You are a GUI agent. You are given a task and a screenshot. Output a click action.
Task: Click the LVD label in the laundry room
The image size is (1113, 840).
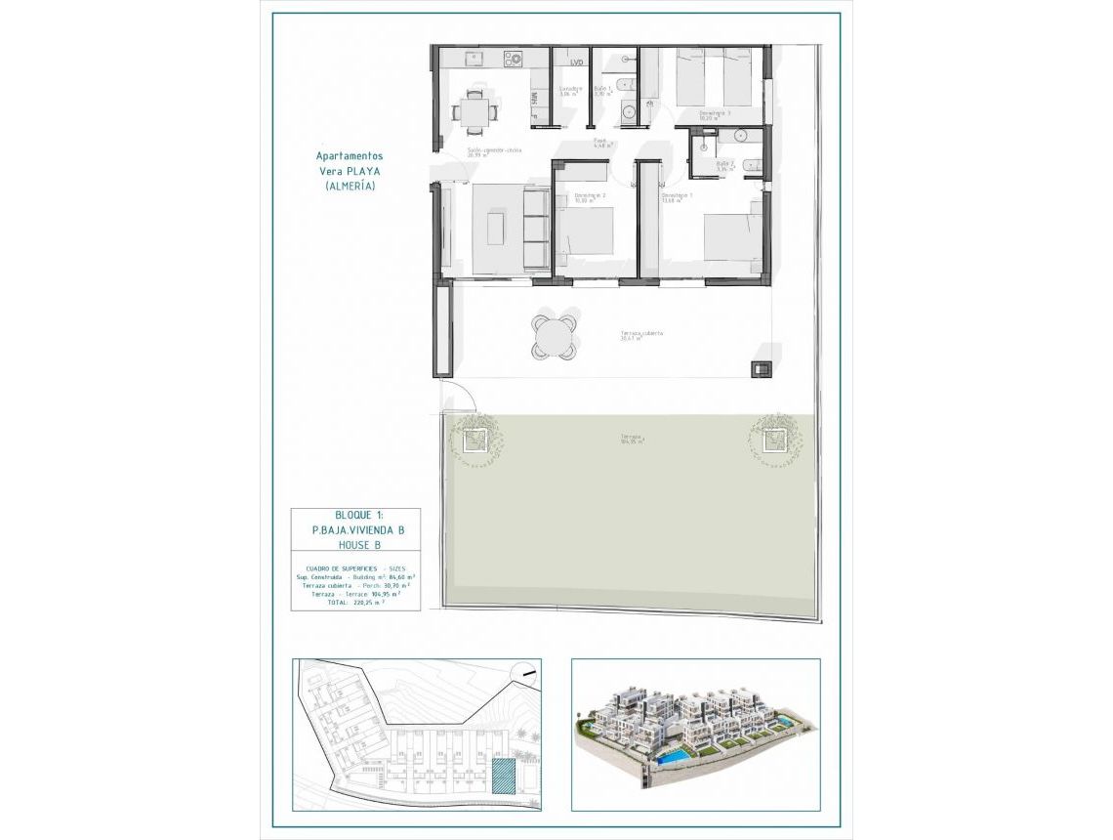(x=576, y=63)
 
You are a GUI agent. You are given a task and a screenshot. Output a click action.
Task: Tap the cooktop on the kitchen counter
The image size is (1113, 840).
(x=514, y=59)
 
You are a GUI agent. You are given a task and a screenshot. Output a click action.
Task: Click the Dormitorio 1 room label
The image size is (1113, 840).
(x=677, y=196)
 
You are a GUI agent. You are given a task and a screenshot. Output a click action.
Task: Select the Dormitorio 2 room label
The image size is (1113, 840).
(x=590, y=196)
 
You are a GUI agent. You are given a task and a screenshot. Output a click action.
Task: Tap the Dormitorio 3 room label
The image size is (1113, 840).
(x=714, y=113)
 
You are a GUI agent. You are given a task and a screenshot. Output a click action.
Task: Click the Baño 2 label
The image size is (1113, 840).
(x=724, y=165)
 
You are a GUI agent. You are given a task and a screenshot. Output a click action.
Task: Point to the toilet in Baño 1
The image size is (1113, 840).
(x=625, y=112)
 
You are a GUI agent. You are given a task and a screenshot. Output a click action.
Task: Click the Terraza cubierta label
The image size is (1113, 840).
(x=641, y=333)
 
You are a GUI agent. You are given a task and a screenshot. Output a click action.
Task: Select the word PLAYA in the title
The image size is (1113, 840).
(x=363, y=170)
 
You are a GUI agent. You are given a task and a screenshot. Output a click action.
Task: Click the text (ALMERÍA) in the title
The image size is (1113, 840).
(x=349, y=186)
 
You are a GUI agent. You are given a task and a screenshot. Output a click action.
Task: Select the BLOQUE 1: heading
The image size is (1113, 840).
(x=353, y=515)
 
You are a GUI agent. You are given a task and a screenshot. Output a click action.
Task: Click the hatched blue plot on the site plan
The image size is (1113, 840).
(x=502, y=777)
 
